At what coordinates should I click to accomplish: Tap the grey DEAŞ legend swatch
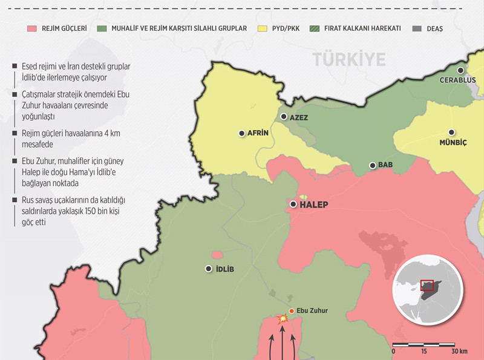pos(416,28)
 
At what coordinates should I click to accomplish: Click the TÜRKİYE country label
pos(349,59)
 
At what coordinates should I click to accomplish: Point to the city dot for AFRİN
pos(242,133)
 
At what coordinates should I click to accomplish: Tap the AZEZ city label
pos(299,117)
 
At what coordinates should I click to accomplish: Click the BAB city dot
pos(372,165)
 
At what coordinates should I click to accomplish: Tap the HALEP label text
pos(314,205)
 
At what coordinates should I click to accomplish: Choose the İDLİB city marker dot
pos(209,269)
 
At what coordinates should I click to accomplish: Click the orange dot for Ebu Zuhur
pos(292,311)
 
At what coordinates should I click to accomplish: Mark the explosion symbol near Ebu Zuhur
pos(281,318)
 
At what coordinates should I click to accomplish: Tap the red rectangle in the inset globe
pos(427,285)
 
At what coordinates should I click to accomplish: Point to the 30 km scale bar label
pos(459,352)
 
